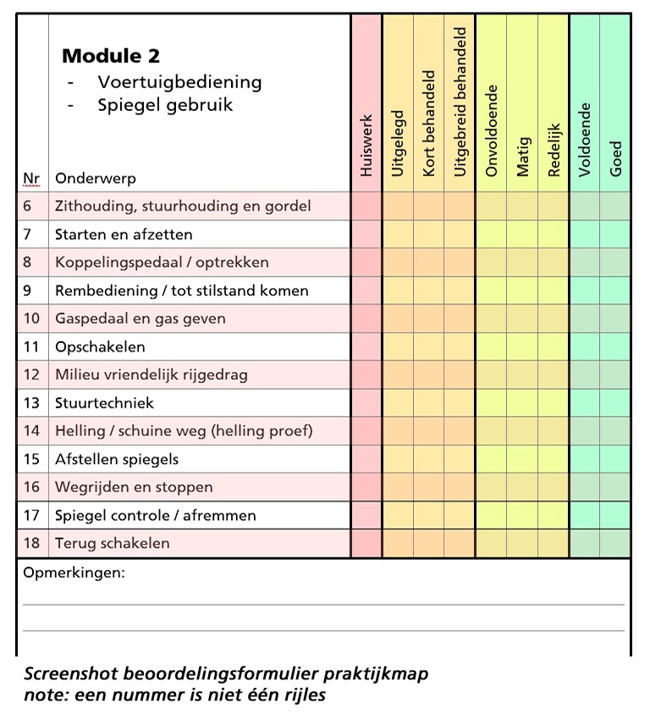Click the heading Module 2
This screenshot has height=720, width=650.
point(111,57)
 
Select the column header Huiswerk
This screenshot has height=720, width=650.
point(366,145)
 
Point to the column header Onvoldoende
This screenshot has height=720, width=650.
point(491,130)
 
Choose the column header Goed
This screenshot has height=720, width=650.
point(615,158)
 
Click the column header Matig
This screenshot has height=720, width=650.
point(522,157)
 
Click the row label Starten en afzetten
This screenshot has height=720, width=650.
point(124,234)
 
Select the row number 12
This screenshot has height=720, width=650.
point(32,374)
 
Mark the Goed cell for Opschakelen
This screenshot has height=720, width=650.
point(615,346)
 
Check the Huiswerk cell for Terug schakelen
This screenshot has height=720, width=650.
point(366,543)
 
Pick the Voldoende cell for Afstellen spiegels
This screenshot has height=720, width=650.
point(584,459)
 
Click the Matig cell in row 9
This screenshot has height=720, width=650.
point(522,291)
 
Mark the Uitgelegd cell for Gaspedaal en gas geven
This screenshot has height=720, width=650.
point(398,318)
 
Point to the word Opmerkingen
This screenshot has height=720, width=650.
point(74,573)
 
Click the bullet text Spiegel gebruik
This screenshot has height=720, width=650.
point(165,105)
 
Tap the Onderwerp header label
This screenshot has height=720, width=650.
point(95,179)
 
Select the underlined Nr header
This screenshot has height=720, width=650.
point(31,179)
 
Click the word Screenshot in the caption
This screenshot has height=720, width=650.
point(71,674)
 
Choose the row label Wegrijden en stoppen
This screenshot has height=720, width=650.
point(134,487)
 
